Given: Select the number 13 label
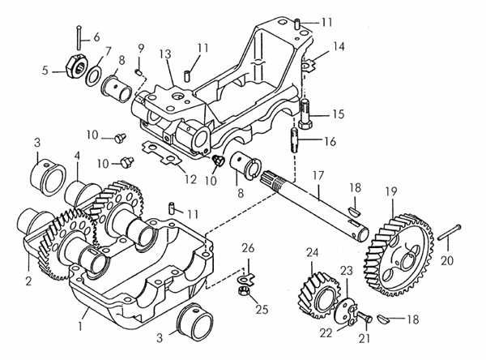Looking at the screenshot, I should [164, 54].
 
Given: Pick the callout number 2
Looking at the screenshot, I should [28, 282].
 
